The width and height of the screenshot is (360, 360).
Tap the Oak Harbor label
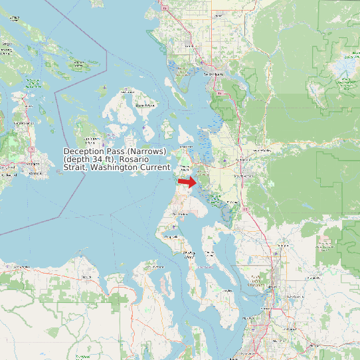point(180,215)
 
